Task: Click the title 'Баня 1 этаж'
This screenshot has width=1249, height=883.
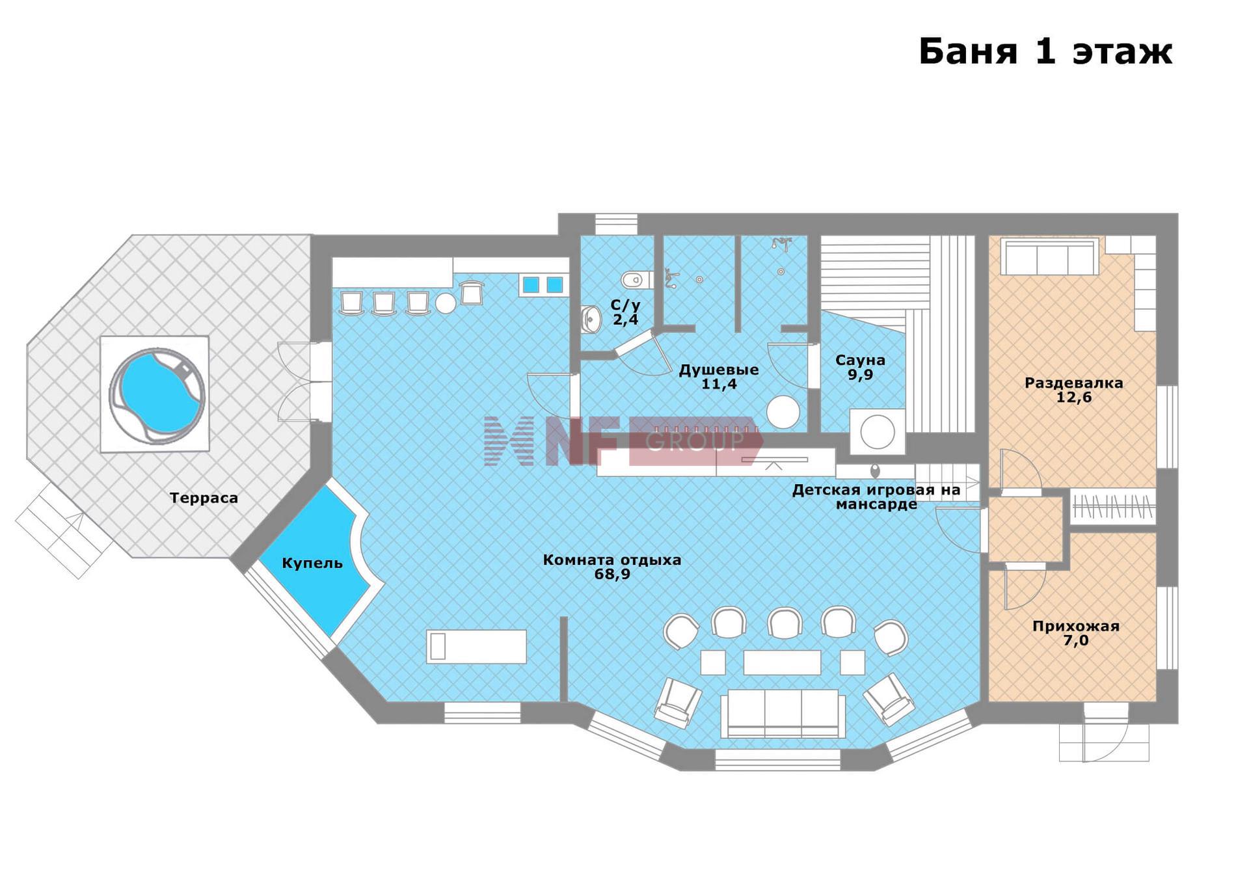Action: [1045, 51]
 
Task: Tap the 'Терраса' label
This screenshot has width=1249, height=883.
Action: [204, 498]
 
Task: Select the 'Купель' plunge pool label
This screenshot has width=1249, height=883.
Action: [312, 563]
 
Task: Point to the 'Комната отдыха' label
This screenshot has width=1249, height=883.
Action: [612, 560]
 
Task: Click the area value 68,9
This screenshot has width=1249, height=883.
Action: [612, 574]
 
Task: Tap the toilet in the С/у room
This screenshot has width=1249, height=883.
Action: [636, 280]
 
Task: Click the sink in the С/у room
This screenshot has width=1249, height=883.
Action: [591, 318]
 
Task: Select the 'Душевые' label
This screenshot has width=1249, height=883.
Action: [719, 370]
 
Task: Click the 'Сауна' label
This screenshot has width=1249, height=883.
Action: [860, 360]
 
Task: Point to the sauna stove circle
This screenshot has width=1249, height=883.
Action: [878, 431]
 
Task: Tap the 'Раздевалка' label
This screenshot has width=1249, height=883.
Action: [1074, 383]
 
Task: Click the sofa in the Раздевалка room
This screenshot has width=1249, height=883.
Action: [1049, 256]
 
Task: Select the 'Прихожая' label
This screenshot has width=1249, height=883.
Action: [1076, 626]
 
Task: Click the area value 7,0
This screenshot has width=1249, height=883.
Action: [1076, 640]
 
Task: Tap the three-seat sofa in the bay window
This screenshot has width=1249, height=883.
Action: [783, 713]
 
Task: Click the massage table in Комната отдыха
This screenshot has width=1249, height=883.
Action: [476, 646]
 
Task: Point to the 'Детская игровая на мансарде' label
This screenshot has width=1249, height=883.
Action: [876, 497]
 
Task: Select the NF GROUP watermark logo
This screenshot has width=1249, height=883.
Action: [623, 441]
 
